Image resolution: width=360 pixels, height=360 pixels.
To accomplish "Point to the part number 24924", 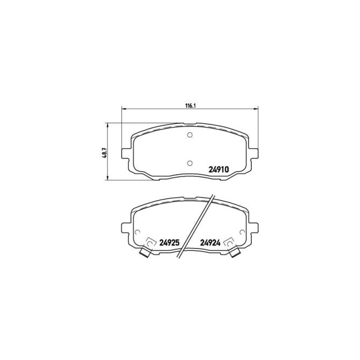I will click(210, 242).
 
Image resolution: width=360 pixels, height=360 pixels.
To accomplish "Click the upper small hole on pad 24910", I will click(189, 135).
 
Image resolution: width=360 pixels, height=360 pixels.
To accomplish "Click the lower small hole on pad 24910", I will click(189, 163).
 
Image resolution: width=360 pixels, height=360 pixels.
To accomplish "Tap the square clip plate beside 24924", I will click(228, 243).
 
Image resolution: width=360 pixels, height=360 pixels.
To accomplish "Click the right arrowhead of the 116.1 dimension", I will click(256, 110).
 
